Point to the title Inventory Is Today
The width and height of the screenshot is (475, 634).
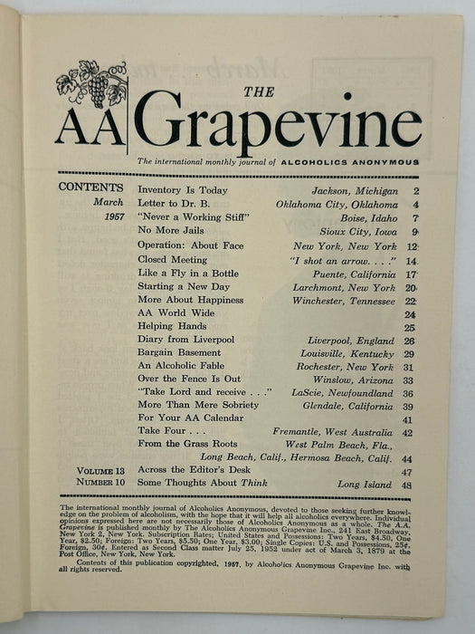183,190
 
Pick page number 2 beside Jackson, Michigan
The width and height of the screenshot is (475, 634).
416,190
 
